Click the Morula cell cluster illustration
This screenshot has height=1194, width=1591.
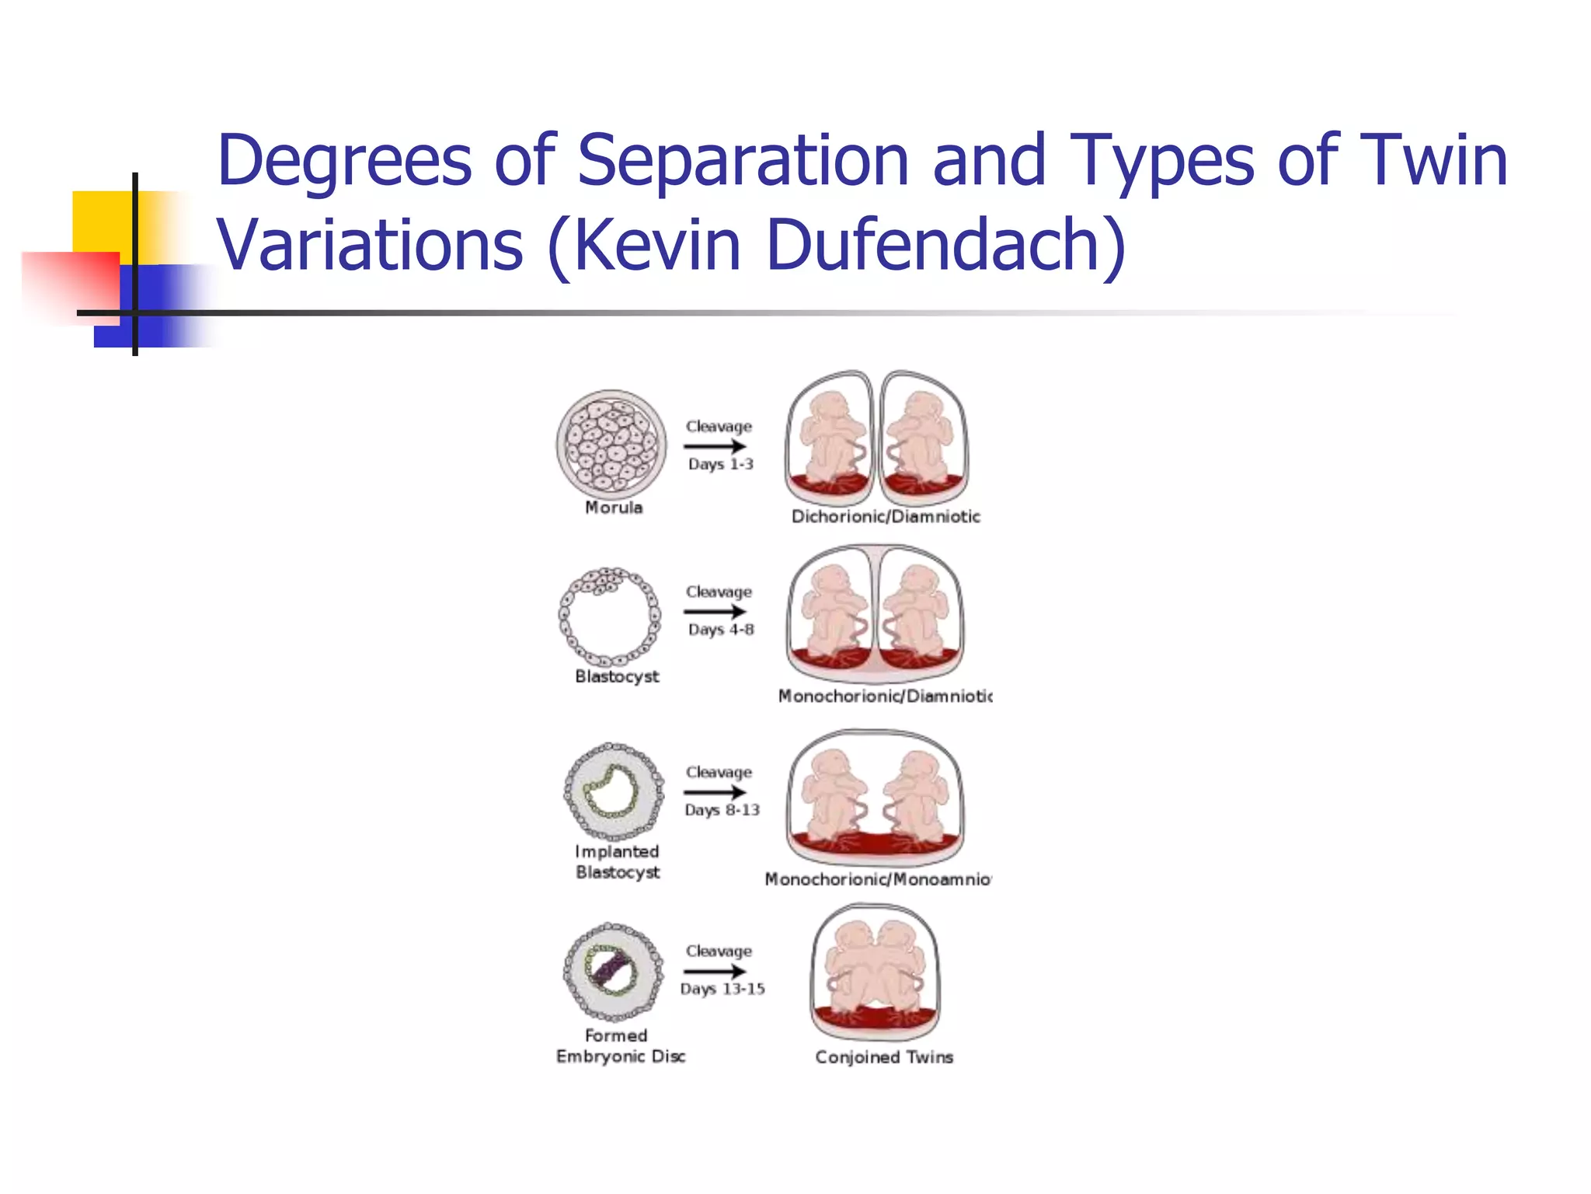pyautogui.click(x=611, y=444)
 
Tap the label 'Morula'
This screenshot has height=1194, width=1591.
pyautogui.click(x=614, y=508)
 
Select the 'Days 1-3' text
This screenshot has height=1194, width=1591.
pyautogui.click(x=720, y=464)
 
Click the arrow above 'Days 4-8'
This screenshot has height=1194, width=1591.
pyautogui.click(x=715, y=611)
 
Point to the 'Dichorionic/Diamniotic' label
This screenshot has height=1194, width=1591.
pyautogui.click(x=886, y=516)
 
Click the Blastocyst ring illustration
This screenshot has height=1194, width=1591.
pyautogui.click(x=610, y=616)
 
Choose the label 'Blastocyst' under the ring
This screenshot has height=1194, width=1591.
pyautogui.click(x=617, y=676)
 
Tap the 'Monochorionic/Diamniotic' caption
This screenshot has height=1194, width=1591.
pyautogui.click(x=885, y=696)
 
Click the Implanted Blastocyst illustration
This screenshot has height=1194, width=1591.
pyautogui.click(x=614, y=791)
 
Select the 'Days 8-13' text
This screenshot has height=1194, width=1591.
pyautogui.click(x=722, y=810)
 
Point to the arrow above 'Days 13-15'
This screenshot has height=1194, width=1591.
pyautogui.click(x=715, y=971)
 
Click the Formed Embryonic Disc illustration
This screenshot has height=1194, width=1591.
pyautogui.click(x=613, y=971)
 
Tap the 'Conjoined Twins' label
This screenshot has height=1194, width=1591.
pyautogui.click(x=884, y=1057)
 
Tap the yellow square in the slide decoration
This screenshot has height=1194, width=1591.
pyautogui.click(x=101, y=222)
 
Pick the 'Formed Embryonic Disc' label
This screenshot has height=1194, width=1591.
pyautogui.click(x=620, y=1046)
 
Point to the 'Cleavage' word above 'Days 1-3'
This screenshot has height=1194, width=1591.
pyautogui.click(x=719, y=426)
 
